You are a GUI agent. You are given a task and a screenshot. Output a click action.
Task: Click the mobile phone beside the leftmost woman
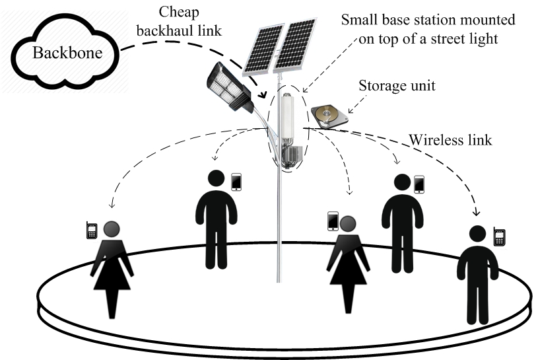point(92,230)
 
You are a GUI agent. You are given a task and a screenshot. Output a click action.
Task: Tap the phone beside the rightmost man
point(499,236)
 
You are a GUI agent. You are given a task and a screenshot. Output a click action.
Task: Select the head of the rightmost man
point(477,235)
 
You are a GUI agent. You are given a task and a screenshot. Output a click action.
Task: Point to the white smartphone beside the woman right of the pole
point(333,221)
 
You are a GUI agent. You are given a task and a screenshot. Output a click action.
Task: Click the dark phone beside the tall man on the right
point(419,184)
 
